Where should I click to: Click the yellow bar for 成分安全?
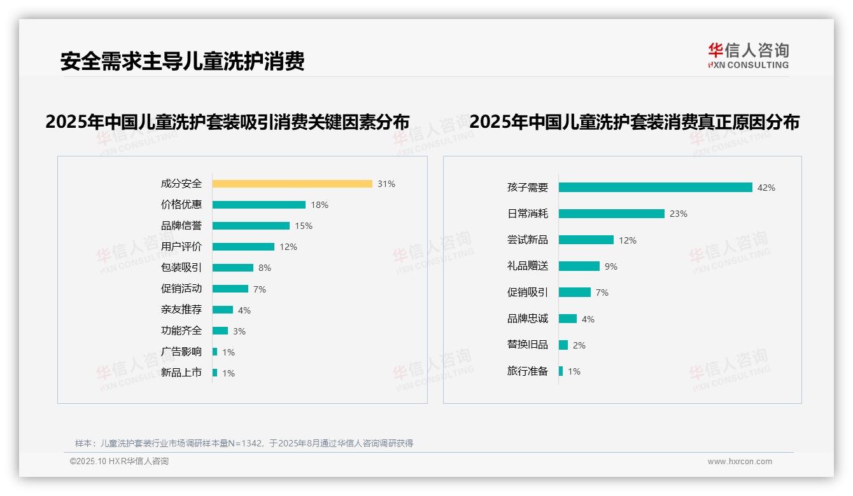pos(292,184)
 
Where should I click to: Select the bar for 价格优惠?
pos(259,205)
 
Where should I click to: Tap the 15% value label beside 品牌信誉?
pos(304,226)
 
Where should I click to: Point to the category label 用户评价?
pos(181,247)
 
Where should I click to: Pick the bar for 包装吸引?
pos(233,268)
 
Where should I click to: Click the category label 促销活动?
pos(181,289)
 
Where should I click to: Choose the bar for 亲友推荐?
pos(223,310)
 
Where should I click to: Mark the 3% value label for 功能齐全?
pos(239,331)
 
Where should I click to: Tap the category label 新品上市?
pos(181,373)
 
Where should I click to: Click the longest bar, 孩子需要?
pos(656,188)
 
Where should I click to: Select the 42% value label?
pos(766,188)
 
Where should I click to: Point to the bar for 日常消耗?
pos(612,214)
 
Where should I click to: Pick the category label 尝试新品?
pos(528,240)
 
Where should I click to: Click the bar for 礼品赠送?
pos(579,266)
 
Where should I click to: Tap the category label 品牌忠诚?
pos(528,319)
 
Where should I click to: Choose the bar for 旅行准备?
pos(561,371)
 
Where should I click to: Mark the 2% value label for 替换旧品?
pos(579,345)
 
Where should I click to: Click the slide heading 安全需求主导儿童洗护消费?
pos(183,61)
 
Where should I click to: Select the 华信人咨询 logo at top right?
pos(748,55)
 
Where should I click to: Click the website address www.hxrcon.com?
pos(740,462)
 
